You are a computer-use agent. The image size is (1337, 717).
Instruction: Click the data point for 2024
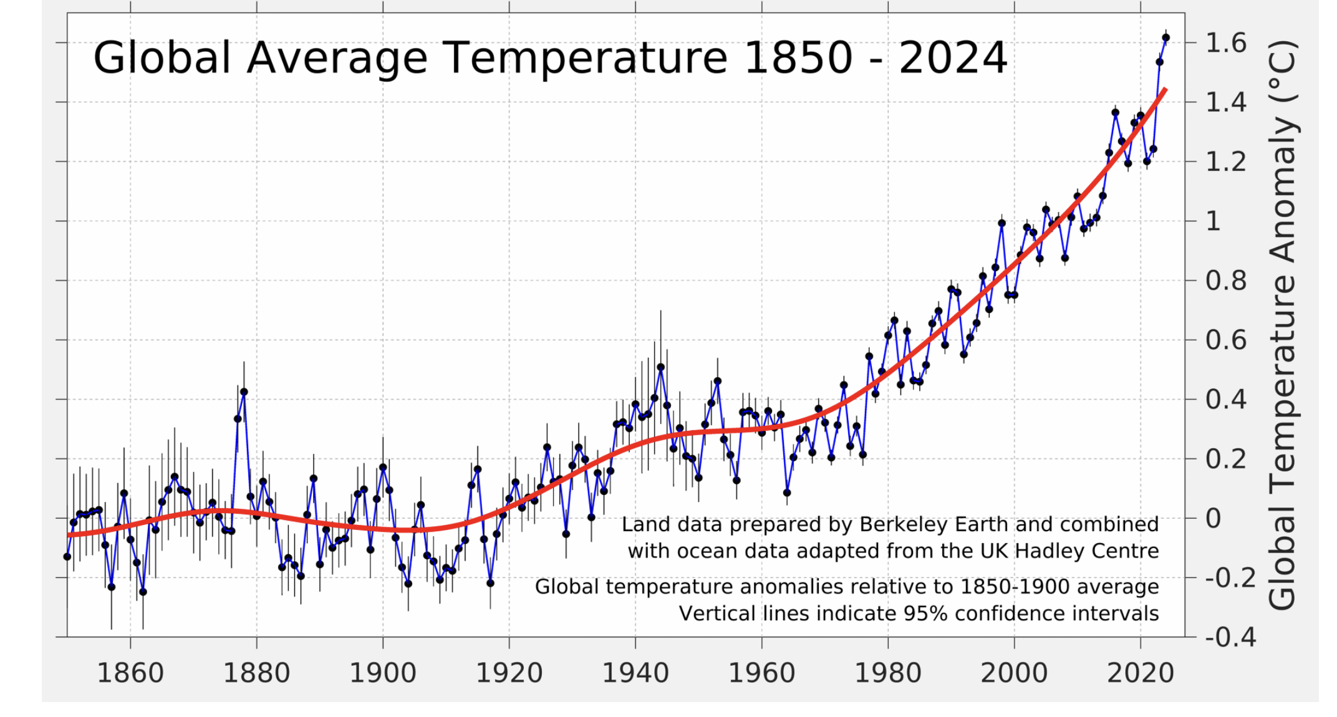click(1166, 38)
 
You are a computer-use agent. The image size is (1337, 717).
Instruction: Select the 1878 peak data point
click(244, 392)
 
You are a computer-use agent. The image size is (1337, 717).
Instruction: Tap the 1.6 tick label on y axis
click(1225, 43)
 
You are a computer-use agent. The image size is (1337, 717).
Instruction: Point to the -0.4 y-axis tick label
click(1230, 637)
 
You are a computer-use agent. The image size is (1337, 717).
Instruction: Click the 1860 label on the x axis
click(130, 673)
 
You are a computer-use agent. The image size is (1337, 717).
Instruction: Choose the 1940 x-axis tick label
click(635, 673)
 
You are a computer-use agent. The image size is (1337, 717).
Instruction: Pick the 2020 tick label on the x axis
click(1141, 673)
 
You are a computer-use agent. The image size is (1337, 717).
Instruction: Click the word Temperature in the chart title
click(586, 58)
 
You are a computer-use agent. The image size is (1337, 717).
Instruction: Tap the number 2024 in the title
click(953, 58)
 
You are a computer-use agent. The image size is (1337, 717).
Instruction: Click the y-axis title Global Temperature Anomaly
click(1283, 324)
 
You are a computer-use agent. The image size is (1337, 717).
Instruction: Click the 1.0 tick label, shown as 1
click(1213, 221)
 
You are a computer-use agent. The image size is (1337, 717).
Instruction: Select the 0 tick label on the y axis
click(1213, 518)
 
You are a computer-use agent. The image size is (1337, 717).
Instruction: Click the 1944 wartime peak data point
click(661, 367)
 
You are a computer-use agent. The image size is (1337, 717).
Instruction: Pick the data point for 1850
click(67, 557)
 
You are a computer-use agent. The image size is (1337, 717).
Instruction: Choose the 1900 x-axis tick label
click(383, 673)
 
